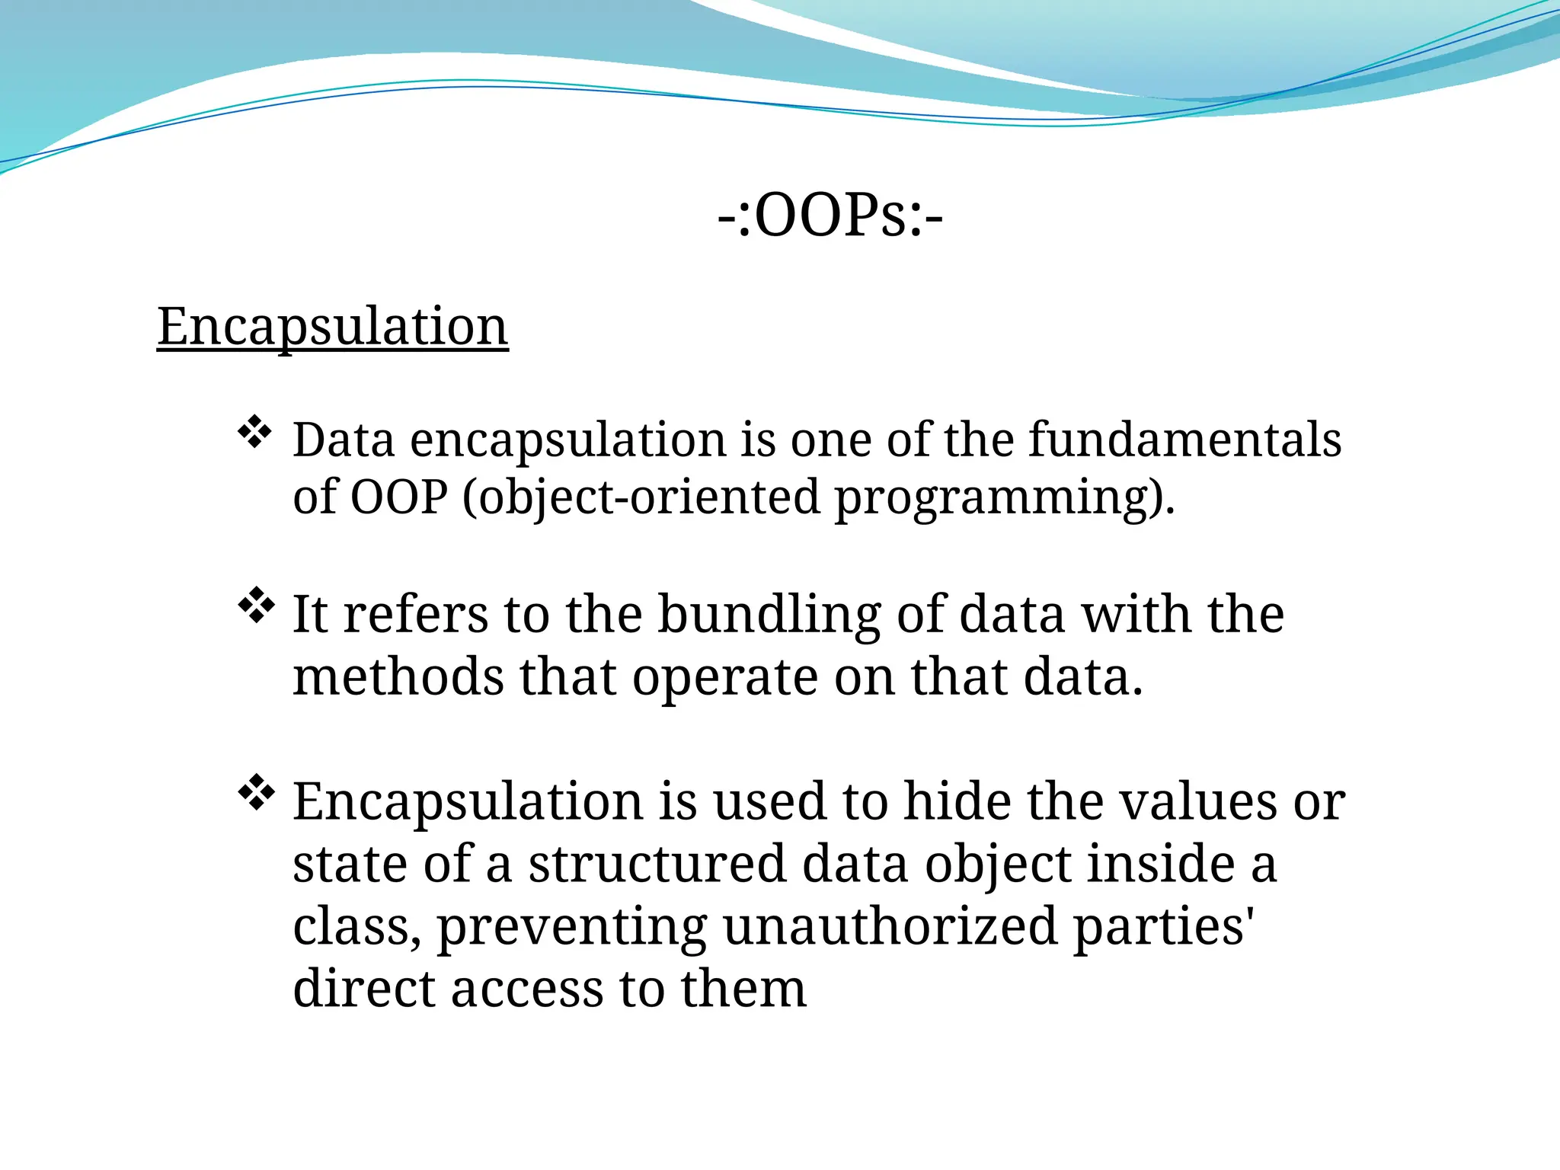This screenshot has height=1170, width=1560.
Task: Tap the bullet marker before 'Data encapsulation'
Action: coord(255,433)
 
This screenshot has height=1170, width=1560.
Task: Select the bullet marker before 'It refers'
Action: coord(255,606)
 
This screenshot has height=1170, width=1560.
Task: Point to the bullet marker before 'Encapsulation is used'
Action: coord(255,792)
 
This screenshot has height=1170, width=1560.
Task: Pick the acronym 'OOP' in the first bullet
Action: coord(399,497)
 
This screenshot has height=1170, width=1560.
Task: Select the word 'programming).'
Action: coord(1005,498)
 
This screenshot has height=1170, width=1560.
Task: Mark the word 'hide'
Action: coord(957,801)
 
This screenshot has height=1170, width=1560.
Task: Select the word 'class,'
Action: coord(356,927)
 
